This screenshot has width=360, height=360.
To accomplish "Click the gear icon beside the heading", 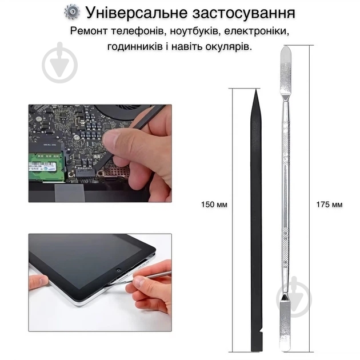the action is (72, 13).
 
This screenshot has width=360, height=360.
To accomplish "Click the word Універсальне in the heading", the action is (137, 13).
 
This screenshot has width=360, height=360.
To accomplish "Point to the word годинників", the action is (135, 47).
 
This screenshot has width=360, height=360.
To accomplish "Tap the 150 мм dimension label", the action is (214, 205).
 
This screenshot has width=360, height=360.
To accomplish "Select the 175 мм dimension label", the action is (329, 205).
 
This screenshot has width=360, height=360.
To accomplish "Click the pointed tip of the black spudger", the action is (256, 90).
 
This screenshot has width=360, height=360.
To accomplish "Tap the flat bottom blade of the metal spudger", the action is (285, 326).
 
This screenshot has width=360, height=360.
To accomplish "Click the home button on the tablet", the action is (118, 270).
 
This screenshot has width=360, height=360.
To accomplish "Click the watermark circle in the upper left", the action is (59, 62).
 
